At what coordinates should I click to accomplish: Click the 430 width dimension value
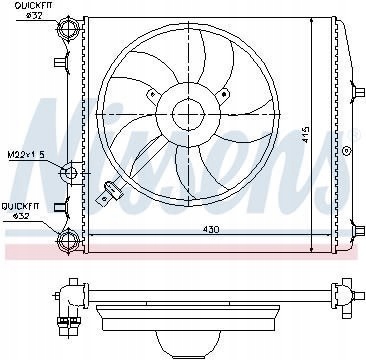211,230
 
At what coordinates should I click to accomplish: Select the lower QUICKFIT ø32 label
20,211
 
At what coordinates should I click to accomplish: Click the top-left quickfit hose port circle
68,28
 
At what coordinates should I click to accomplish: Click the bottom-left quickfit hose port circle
68,239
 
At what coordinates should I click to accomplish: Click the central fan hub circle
188,114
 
